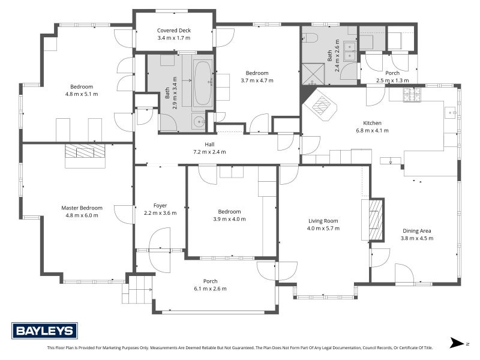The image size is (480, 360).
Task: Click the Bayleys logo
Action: click(44, 331)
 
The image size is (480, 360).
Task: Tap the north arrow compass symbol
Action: click(457, 343)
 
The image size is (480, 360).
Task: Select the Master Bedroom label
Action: click(82, 208)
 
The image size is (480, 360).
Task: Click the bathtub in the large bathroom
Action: click(203, 83)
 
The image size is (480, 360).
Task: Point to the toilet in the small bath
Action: click(310, 38)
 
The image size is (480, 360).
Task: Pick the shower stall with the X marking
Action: click(313, 74)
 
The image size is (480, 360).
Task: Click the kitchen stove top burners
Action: click(412, 95)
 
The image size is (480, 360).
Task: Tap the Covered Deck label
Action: click(174, 31)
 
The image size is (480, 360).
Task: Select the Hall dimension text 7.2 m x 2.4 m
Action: click(209, 152)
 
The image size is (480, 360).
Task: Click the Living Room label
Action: click(323, 221)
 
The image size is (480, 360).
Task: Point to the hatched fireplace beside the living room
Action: click(376, 220)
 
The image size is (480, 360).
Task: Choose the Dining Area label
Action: click(417, 231)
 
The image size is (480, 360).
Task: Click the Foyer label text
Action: click(160, 206)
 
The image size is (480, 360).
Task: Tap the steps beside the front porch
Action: click(137, 290)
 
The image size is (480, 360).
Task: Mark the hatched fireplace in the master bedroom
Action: click(85, 151)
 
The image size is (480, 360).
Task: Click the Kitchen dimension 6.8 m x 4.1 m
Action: click(372, 130)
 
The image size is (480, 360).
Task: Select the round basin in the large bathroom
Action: click(200, 122)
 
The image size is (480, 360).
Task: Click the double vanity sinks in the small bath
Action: click(349, 51)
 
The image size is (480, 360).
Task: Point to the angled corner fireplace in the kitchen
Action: click(320, 105)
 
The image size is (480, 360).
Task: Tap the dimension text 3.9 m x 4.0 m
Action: click(229, 219)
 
